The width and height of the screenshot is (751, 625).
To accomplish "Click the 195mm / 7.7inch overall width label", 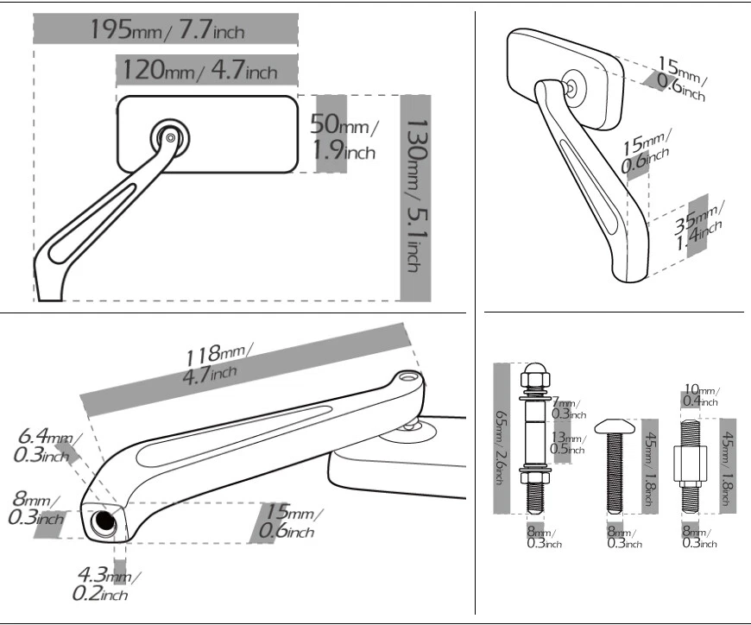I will click(x=167, y=29).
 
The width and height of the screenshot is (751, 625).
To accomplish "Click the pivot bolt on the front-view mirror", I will click(x=171, y=136).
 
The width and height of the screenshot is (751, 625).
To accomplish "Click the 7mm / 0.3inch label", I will click(x=566, y=408).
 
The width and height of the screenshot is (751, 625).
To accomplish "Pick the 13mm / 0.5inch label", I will click(x=566, y=443).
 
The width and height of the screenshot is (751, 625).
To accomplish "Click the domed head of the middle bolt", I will click(x=615, y=424).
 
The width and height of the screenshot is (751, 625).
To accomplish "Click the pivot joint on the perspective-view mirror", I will click(x=571, y=86).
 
